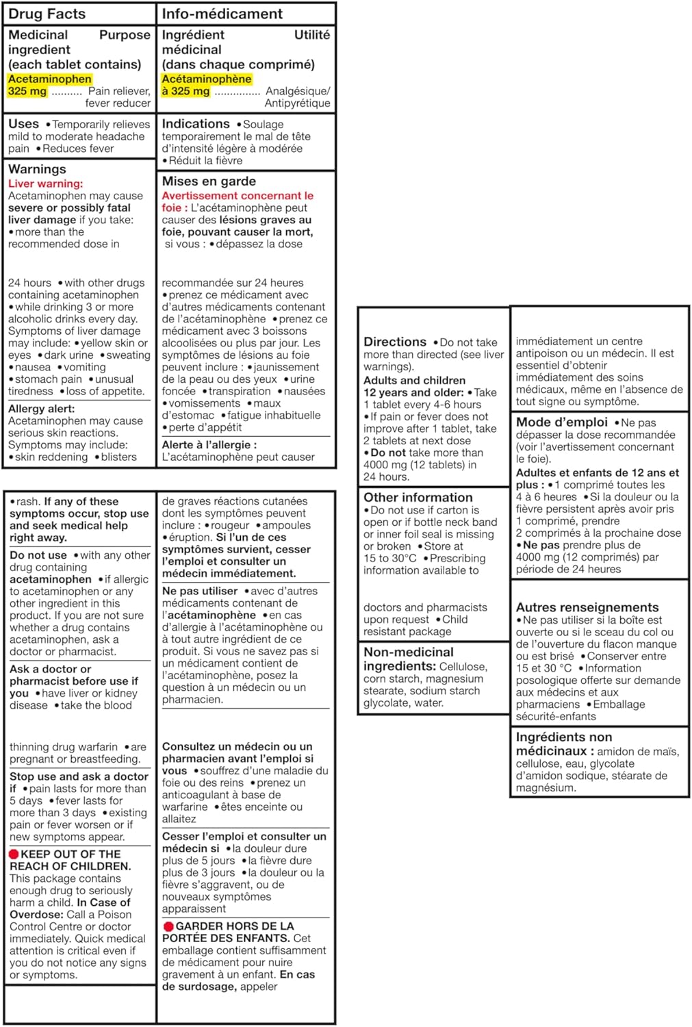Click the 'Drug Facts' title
47,14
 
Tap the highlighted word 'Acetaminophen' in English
50,79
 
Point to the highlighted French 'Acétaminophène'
207,79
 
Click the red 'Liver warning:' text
45,183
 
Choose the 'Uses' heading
23,124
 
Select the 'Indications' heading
196,124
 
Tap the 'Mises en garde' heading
209,181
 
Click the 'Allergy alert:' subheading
41,409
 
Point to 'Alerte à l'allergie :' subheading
209,445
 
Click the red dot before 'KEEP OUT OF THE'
14,854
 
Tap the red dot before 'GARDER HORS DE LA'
168,926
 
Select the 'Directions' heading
395,342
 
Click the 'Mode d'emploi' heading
562,422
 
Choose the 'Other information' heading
418,498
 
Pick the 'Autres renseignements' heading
587,607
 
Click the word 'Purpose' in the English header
125,35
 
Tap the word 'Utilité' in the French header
312,35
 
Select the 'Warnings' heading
37,169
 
